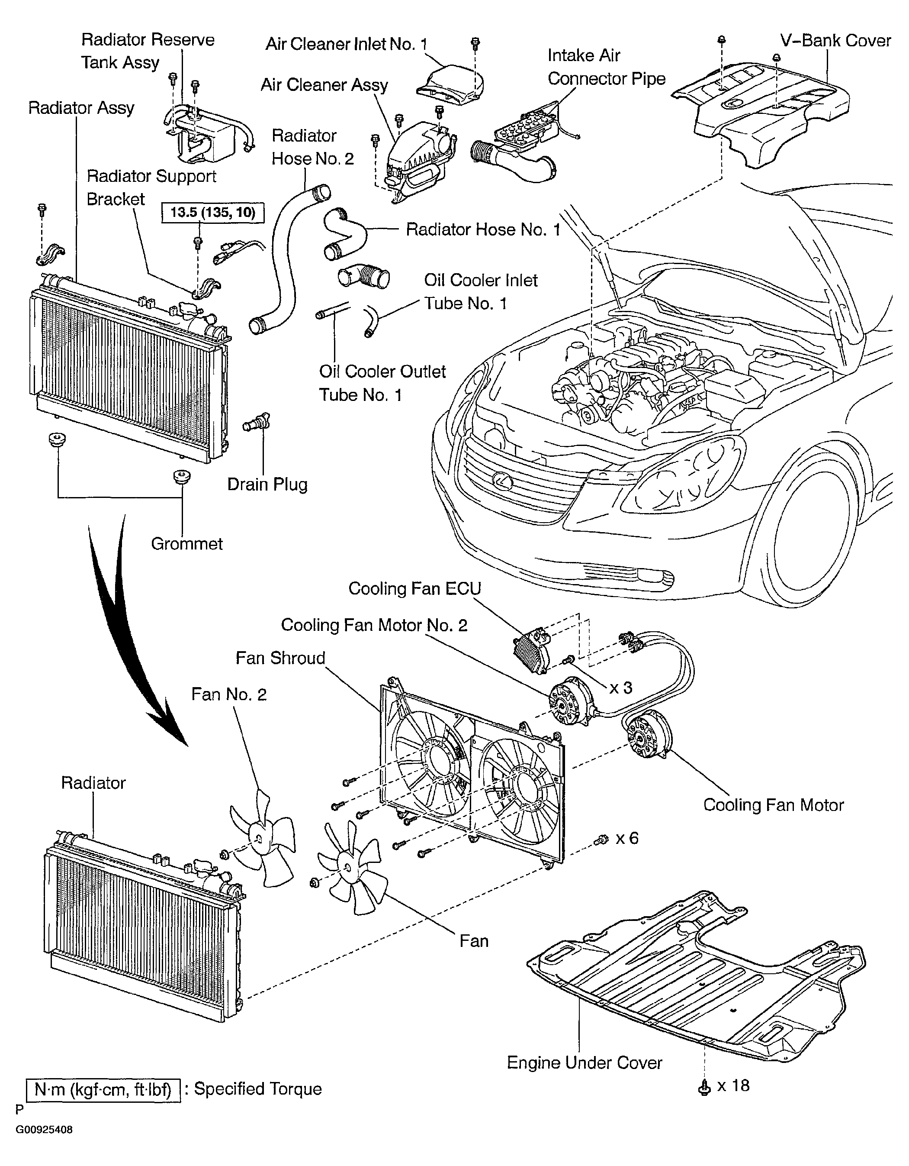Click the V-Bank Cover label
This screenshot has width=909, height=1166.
(x=835, y=41)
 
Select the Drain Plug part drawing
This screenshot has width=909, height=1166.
(x=257, y=422)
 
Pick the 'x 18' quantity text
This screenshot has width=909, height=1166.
(x=733, y=1085)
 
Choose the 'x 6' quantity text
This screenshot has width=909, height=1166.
(x=627, y=838)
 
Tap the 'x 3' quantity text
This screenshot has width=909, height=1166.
(x=621, y=687)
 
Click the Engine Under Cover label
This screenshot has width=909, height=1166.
(x=585, y=1063)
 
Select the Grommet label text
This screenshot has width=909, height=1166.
(x=187, y=543)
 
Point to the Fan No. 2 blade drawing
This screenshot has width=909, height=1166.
(x=262, y=840)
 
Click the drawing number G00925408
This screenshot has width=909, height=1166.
(x=44, y=1130)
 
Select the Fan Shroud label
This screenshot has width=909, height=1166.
(x=281, y=658)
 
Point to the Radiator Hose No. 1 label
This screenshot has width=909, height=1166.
(x=483, y=229)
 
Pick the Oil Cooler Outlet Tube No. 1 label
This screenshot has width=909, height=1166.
(x=382, y=383)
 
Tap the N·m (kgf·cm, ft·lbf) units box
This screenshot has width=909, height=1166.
(x=103, y=1090)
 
